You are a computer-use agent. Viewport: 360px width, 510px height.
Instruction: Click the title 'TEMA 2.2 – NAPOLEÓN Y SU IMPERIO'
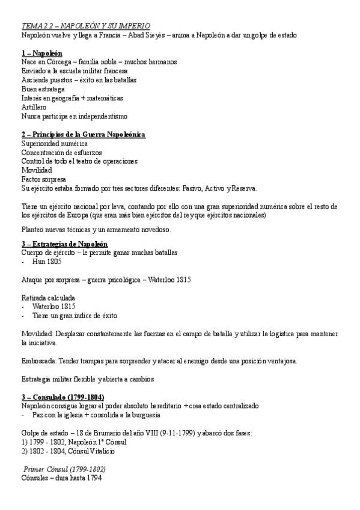[86, 26]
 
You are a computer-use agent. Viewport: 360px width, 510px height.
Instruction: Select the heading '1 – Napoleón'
[41, 53]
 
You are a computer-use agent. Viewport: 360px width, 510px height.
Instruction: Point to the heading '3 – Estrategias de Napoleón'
[64, 244]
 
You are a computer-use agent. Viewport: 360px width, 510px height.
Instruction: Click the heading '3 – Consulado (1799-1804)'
[63, 398]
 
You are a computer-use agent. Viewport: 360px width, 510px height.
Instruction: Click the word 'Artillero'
[34, 107]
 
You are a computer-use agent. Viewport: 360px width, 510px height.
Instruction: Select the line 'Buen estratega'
[43, 89]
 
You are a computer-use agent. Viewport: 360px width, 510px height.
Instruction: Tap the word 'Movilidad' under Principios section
[37, 170]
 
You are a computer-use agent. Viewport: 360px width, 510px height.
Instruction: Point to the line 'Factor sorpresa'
[44, 179]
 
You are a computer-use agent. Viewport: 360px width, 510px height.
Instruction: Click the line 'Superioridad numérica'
[54, 143]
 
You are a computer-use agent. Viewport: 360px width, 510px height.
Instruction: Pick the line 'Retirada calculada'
[49, 297]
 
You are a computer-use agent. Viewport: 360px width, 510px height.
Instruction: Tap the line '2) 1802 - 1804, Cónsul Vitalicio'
[68, 450]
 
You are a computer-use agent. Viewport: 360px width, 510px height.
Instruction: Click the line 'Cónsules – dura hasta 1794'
[61, 478]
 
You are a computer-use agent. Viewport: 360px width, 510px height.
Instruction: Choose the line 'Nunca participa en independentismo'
[74, 116]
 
